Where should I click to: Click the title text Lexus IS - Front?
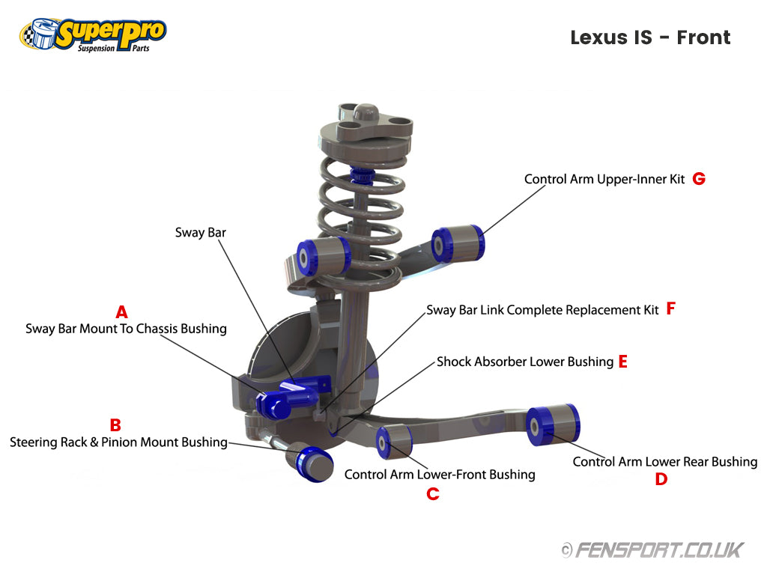click(650, 37)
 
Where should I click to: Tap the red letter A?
click(122, 311)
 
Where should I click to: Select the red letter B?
click(115, 425)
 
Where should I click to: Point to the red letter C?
click(432, 494)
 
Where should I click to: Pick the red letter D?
click(661, 479)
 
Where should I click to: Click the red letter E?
click(622, 362)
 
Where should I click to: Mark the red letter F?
click(670, 308)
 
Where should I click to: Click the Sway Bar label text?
click(201, 232)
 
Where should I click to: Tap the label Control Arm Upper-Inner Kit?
click(604, 179)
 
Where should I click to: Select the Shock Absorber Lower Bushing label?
click(525, 362)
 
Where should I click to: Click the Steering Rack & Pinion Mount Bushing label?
click(118, 442)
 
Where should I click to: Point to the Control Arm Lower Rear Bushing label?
click(665, 461)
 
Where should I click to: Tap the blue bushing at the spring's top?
click(363, 177)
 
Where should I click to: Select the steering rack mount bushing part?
click(311, 462)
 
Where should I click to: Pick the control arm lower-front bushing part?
click(394, 442)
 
